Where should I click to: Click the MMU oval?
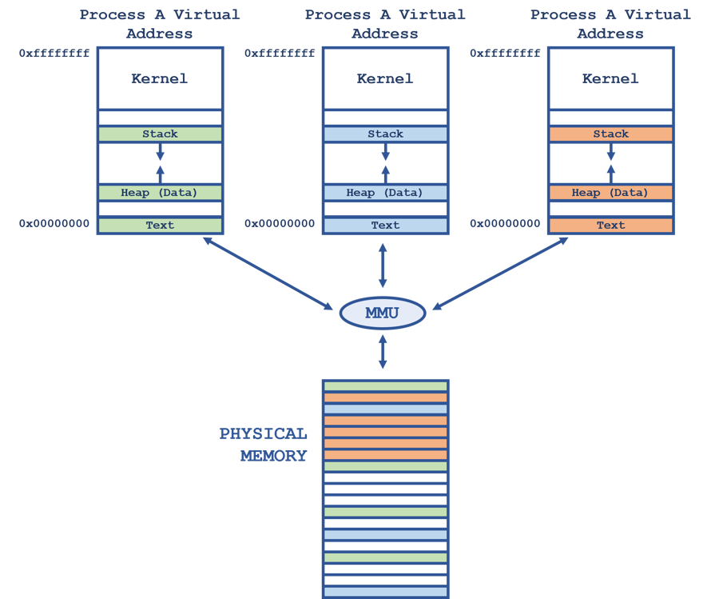click(x=382, y=313)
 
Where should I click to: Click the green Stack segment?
click(x=160, y=134)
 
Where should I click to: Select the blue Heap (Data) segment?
click(x=385, y=193)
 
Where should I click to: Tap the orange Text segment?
click(x=610, y=226)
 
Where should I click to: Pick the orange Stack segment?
click(x=610, y=134)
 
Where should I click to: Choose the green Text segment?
click(x=160, y=226)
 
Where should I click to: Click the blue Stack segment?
click(x=385, y=134)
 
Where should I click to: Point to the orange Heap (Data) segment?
click(x=610, y=193)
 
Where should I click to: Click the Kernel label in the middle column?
click(x=385, y=78)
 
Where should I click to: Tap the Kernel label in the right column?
click(x=610, y=78)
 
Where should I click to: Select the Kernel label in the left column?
click(x=160, y=78)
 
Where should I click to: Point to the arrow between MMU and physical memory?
click(x=382, y=352)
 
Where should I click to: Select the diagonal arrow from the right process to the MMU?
click(x=500, y=272)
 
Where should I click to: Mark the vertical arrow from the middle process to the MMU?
click(x=382, y=267)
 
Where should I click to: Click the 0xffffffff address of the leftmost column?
click(x=54, y=54)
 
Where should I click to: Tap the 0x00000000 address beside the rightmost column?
click(x=505, y=224)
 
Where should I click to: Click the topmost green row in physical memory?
click(x=385, y=386)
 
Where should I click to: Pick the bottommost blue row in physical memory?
click(x=385, y=592)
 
